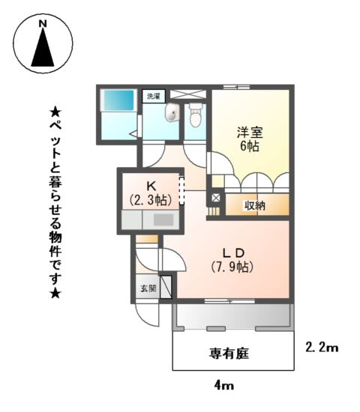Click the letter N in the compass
[43, 24]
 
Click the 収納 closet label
[256, 205]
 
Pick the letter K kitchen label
[151, 186]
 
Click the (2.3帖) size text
[151, 200]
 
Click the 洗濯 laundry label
[154, 96]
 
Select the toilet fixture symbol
[196, 116]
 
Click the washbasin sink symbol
[172, 114]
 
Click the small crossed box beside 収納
[214, 199]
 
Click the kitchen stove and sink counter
[149, 220]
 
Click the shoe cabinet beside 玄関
[165, 288]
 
